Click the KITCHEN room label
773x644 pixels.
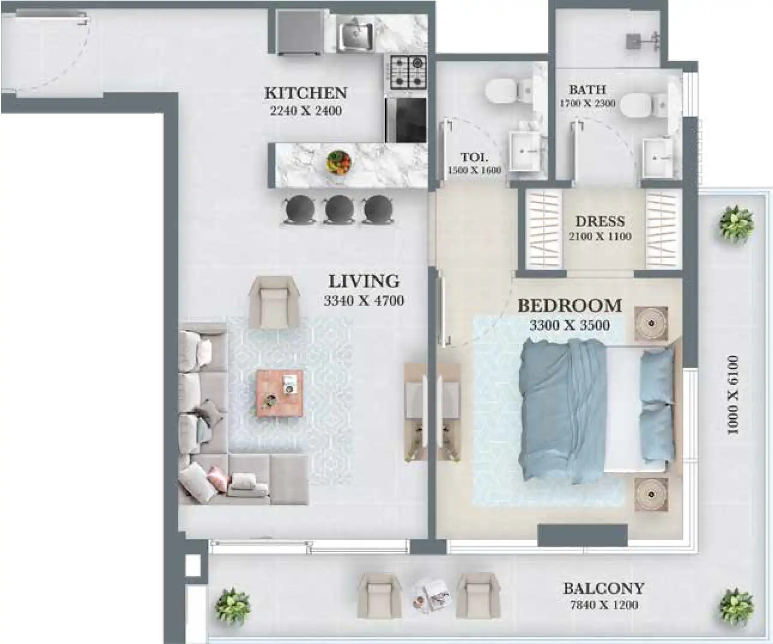(305, 93)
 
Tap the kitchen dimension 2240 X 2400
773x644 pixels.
(305, 111)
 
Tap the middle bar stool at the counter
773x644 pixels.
(339, 209)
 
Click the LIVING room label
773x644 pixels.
(364, 281)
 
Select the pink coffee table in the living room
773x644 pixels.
(280, 393)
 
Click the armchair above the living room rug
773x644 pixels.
(274, 301)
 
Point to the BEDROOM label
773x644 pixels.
(569, 305)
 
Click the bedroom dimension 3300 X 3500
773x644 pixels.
(569, 325)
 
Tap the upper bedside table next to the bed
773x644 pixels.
(651, 323)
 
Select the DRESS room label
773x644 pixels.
(600, 221)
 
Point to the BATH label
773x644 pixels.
(587, 90)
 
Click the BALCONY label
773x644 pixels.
(603, 588)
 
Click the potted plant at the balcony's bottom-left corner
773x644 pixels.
(232, 606)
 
